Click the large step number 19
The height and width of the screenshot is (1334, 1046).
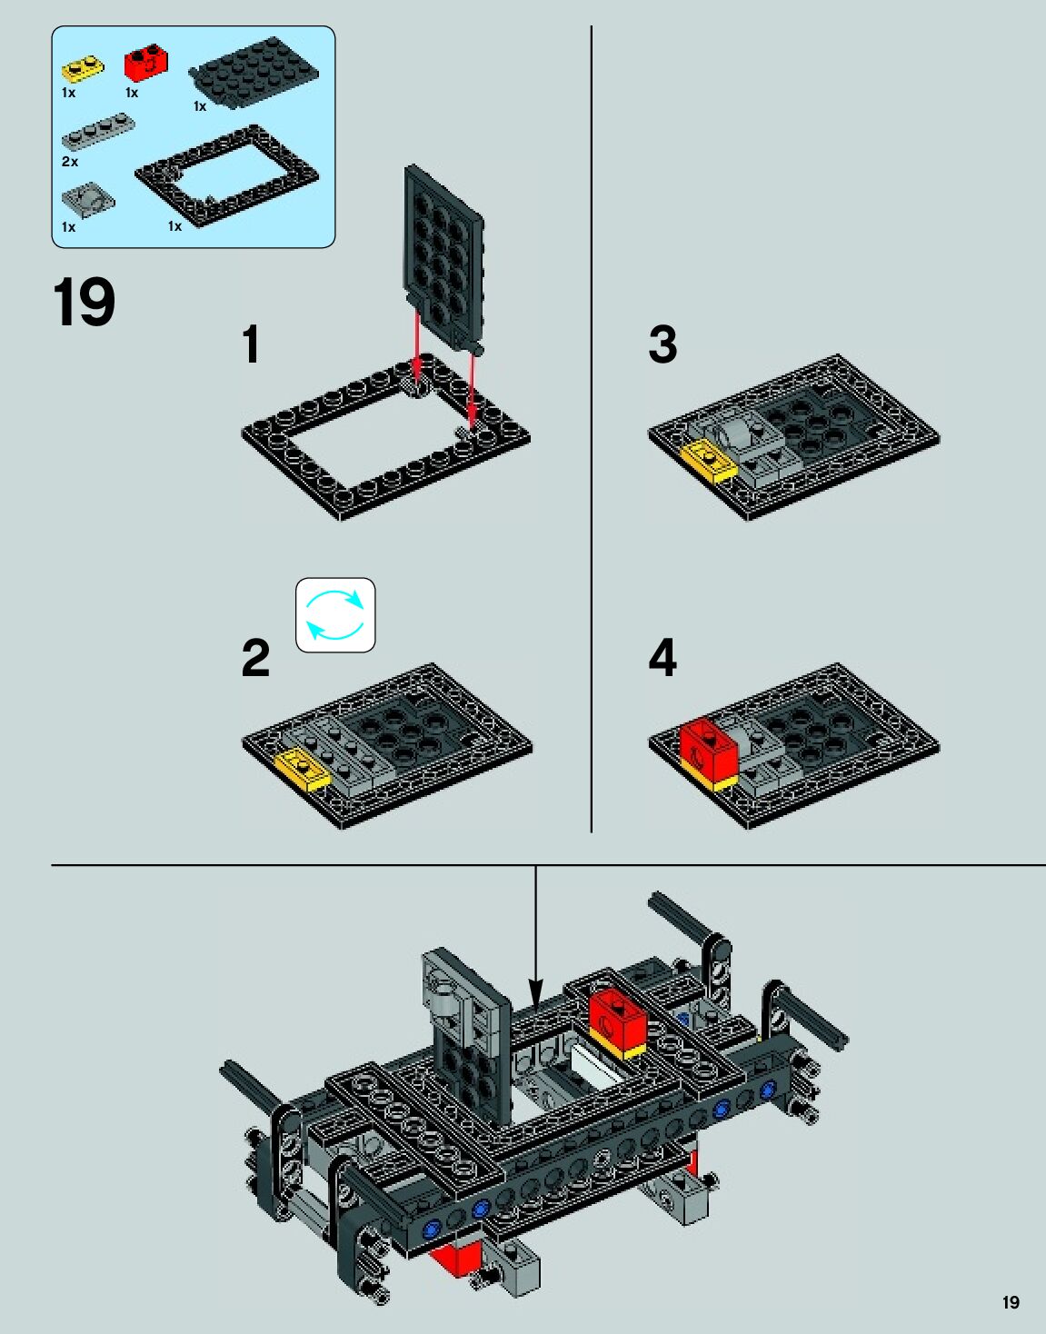85,302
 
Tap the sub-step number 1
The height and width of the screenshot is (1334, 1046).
251,344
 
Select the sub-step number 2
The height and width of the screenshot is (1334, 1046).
255,658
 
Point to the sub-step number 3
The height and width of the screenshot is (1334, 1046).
663,344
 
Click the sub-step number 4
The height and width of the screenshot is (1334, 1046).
662,658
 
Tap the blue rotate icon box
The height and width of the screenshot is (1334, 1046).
335,614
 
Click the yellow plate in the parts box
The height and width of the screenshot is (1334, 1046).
83,69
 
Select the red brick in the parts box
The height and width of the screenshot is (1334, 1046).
146,62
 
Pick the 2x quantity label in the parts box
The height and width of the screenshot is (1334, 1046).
70,162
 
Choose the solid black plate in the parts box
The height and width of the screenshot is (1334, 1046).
254,73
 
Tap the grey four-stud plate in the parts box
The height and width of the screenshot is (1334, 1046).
98,132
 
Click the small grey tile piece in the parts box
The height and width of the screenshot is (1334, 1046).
88,200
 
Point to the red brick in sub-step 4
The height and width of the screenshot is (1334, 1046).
708,750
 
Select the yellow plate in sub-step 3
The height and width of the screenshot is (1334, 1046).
708,461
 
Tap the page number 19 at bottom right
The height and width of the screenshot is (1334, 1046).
1011,1302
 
